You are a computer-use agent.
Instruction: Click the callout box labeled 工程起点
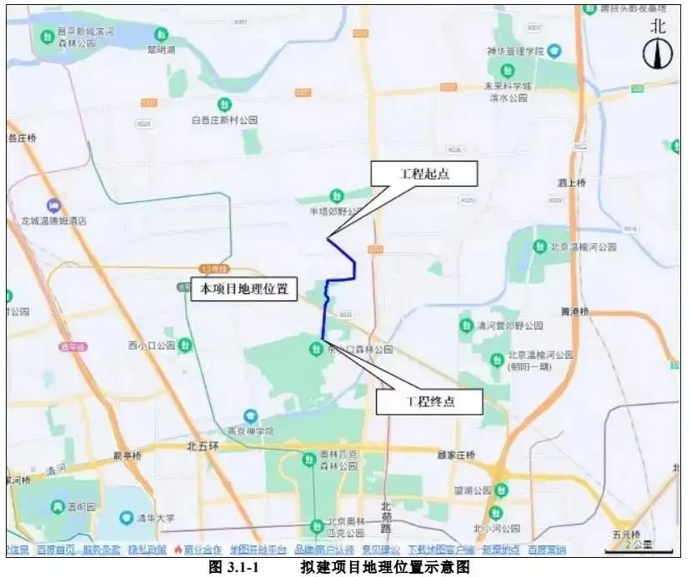pyautogui.click(x=425, y=173)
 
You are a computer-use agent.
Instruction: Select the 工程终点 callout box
pyautogui.click(x=430, y=401)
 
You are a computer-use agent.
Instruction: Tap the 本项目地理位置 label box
pyautogui.click(x=244, y=289)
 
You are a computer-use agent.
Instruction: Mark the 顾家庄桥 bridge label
pyautogui.click(x=455, y=455)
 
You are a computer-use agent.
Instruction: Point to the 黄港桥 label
pyautogui.click(x=574, y=311)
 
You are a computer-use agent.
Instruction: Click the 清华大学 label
pyautogui.click(x=157, y=518)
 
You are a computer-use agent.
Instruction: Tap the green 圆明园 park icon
pyautogui.click(x=58, y=506)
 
